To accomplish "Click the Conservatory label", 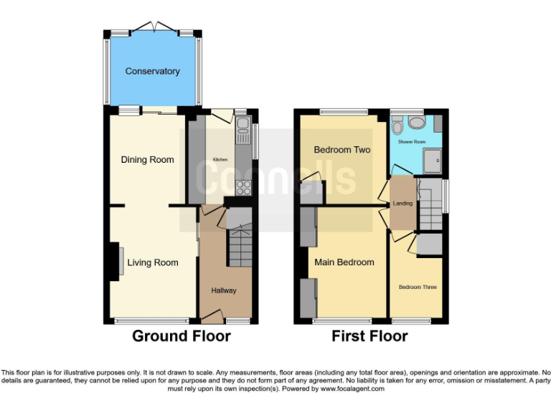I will pos(152,71).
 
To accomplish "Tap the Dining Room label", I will pos(147,159).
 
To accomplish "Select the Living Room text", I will pos(153,262).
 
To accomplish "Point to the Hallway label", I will pos(223,290).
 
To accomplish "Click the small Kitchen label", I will pos(219,159).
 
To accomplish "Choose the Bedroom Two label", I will pos(342,150).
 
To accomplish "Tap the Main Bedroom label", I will pos(344,262).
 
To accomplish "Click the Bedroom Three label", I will pos(418,287).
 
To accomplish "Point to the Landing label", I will pos(402,204).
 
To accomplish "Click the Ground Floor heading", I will pos(181,336).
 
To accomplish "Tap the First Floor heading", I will pos(369,336).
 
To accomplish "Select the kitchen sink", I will pos(240,133).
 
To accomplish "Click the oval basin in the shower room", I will pos(416,122).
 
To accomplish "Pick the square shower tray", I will pos(433,161).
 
